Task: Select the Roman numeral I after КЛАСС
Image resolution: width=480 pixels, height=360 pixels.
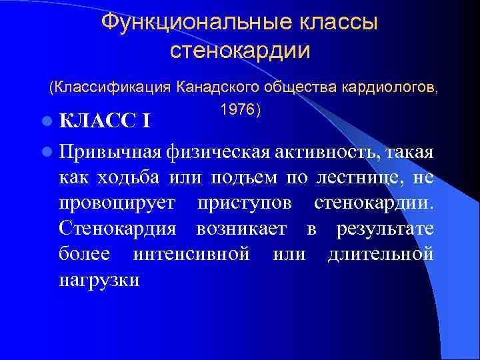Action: pos(145,121)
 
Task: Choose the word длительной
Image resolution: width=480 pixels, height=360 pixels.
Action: pos(381,254)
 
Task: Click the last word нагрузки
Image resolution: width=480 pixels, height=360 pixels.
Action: pos(99,279)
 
